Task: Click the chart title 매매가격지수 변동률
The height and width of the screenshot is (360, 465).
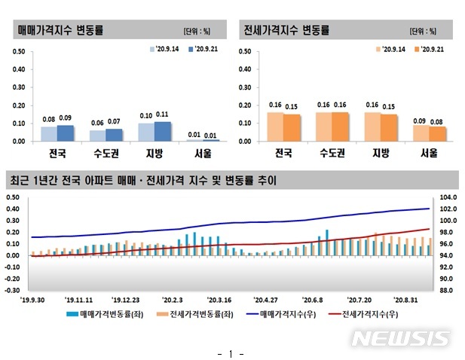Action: click(x=60, y=31)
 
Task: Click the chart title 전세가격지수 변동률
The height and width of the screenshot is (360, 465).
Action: click(x=286, y=31)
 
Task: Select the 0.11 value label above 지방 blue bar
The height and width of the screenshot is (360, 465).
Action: click(x=162, y=114)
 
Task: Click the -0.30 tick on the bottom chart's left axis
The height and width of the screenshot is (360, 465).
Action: click(x=12, y=289)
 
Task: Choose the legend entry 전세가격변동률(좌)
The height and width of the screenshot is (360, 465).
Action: click(x=189, y=311)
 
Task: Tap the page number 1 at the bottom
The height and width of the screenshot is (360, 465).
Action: click(x=231, y=352)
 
